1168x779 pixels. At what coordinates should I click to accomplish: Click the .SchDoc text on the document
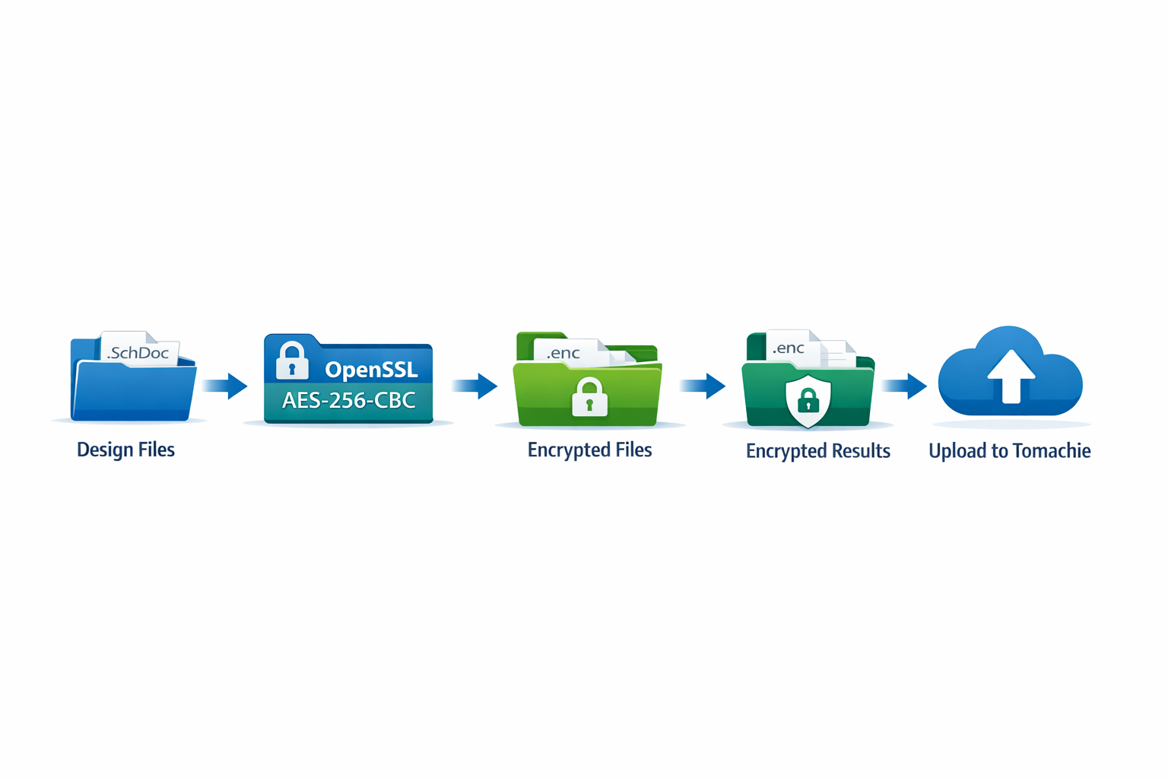[138, 353]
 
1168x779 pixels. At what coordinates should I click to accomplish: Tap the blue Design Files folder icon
[134, 389]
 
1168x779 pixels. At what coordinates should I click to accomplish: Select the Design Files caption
[125, 450]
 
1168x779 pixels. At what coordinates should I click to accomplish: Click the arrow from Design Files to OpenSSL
[227, 386]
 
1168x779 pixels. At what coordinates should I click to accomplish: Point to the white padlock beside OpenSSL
[292, 361]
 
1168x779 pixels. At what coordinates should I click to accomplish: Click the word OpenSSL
[371, 370]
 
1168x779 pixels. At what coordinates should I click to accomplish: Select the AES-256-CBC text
[348, 400]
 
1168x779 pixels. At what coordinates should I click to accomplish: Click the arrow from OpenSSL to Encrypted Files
[475, 386]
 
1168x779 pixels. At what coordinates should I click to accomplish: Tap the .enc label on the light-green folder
[563, 353]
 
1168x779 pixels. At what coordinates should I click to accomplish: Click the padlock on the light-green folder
[589, 397]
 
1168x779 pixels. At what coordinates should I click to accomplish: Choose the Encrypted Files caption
[589, 450]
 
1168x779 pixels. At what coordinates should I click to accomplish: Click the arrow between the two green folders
[703, 386]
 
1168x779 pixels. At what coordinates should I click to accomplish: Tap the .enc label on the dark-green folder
[789, 348]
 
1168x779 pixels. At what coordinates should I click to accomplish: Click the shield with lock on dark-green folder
[808, 400]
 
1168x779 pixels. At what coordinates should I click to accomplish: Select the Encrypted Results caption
[817, 451]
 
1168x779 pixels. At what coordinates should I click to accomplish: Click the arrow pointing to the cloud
[905, 386]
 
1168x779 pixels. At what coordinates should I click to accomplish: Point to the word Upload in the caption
[957, 451]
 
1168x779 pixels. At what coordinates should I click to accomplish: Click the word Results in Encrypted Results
[859, 451]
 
